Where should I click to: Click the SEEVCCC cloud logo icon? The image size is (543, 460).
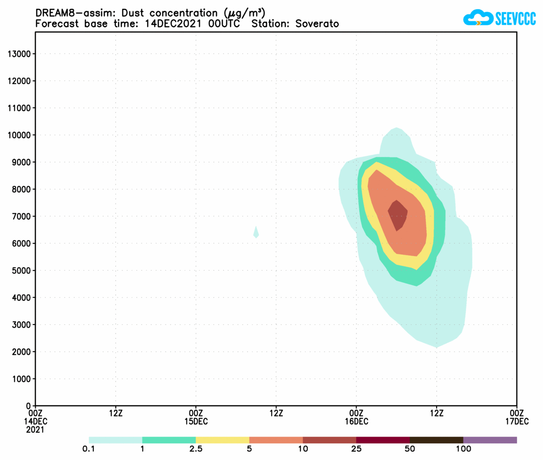click(478, 19)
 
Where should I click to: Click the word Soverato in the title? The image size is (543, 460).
click(317, 23)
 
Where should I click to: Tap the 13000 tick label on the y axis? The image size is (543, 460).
click(20, 54)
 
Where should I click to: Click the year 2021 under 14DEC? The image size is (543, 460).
click(36, 430)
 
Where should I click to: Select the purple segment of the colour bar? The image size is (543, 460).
click(490, 440)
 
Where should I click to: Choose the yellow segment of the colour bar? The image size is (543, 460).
click(222, 440)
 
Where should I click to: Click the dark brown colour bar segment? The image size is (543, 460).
click(436, 440)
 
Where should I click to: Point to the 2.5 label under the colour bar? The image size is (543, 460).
click(195, 449)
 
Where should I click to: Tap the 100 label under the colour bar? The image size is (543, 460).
click(463, 449)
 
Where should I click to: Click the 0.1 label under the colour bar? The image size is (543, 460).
click(89, 449)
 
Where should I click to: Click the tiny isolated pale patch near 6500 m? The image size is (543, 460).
click(256, 233)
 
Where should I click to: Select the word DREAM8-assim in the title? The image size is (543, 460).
click(70, 13)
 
